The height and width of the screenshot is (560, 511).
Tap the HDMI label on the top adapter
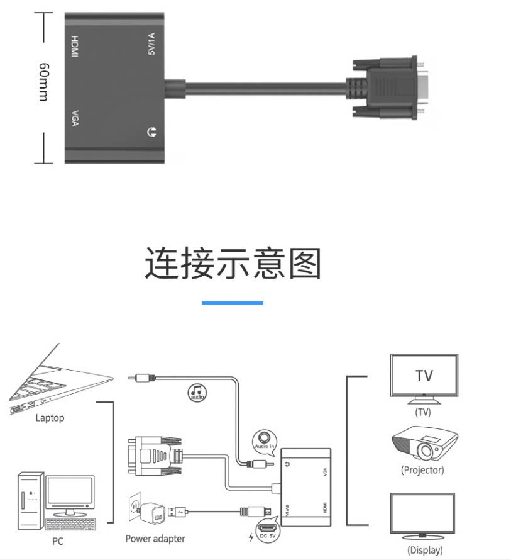click(74, 47)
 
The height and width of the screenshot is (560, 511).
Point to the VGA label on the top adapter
click(74, 119)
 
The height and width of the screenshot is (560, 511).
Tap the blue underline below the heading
click(233, 303)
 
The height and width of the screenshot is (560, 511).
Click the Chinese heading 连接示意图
click(233, 263)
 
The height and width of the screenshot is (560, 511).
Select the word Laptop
click(50, 418)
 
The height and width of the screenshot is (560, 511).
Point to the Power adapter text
click(155, 539)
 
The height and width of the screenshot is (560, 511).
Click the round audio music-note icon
click(198, 393)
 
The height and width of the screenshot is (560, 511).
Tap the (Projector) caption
click(422, 470)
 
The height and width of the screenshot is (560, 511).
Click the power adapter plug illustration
click(148, 512)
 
